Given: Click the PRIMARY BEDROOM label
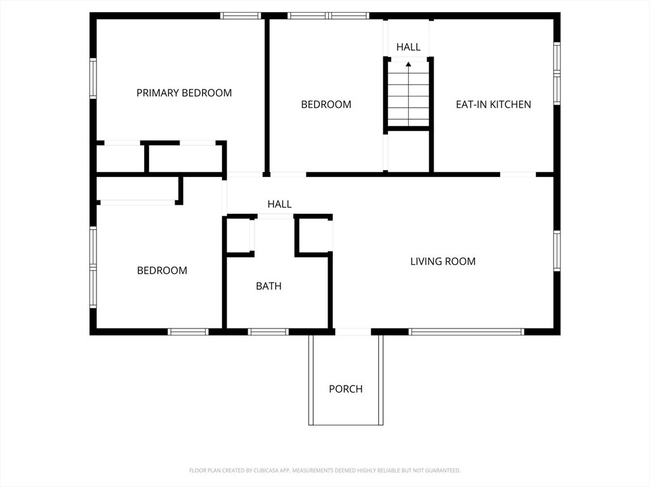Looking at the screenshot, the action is (184, 93).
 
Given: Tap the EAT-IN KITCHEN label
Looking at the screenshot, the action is (493, 105).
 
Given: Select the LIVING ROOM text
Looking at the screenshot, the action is (442, 261).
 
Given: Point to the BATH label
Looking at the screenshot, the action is (269, 286).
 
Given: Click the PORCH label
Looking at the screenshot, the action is (346, 389).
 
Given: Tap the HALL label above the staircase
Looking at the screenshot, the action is (408, 47).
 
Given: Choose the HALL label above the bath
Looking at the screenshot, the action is (279, 204).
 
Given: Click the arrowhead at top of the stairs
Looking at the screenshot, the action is (408, 64).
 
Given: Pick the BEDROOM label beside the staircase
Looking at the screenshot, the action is (326, 105).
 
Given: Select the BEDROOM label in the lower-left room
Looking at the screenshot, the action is (162, 270).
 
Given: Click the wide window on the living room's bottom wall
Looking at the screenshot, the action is (467, 332).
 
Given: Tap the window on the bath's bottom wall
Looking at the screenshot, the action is (269, 332).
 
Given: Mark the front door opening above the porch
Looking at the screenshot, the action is (353, 332).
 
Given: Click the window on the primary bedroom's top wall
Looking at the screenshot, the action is (241, 16).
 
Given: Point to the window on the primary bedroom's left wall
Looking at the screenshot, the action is (93, 79).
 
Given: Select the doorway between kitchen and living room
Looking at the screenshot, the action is (518, 174).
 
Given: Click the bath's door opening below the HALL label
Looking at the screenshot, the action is (275, 216).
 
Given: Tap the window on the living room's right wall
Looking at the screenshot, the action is (557, 251).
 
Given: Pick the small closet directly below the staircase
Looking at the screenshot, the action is (409, 151).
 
